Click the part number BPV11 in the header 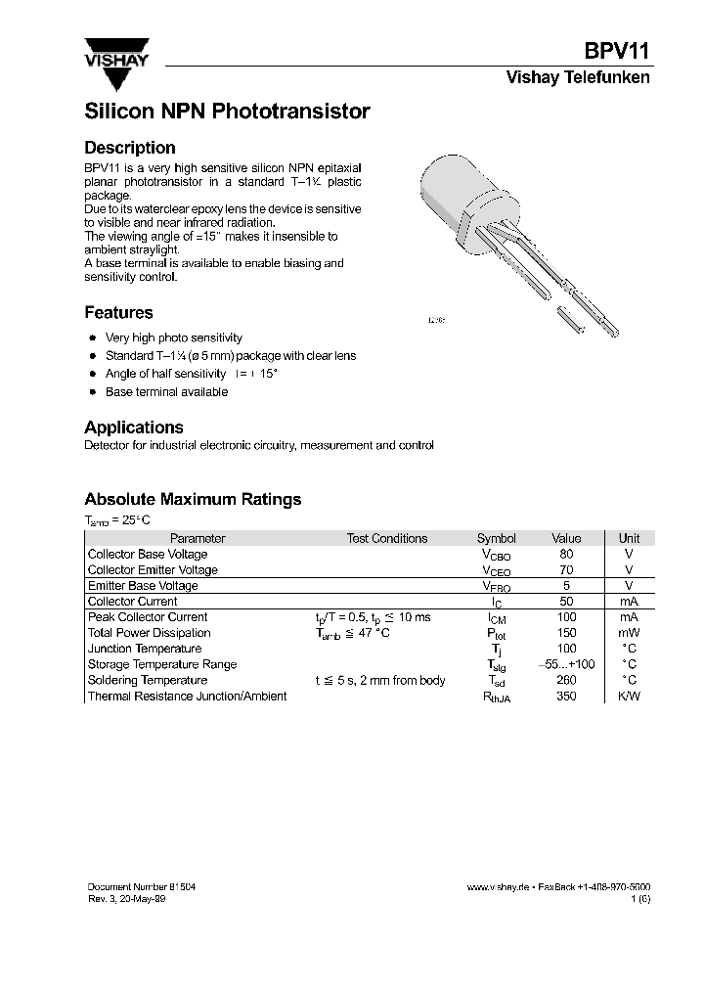click(617, 52)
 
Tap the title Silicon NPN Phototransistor click(227, 112)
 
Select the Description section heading click(130, 148)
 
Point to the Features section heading click(118, 313)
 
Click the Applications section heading click(134, 427)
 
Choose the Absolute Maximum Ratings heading click(193, 499)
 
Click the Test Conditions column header click(387, 538)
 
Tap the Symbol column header click(496, 538)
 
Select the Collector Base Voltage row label click(148, 554)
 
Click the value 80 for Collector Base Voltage click(566, 554)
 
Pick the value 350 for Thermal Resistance click(566, 696)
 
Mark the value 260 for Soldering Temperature click(566, 680)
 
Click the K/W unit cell click(629, 696)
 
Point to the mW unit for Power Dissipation click(629, 633)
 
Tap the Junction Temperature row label click(145, 649)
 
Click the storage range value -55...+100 click(566, 664)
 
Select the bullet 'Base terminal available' click(166, 392)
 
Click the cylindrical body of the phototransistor click(453, 192)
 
